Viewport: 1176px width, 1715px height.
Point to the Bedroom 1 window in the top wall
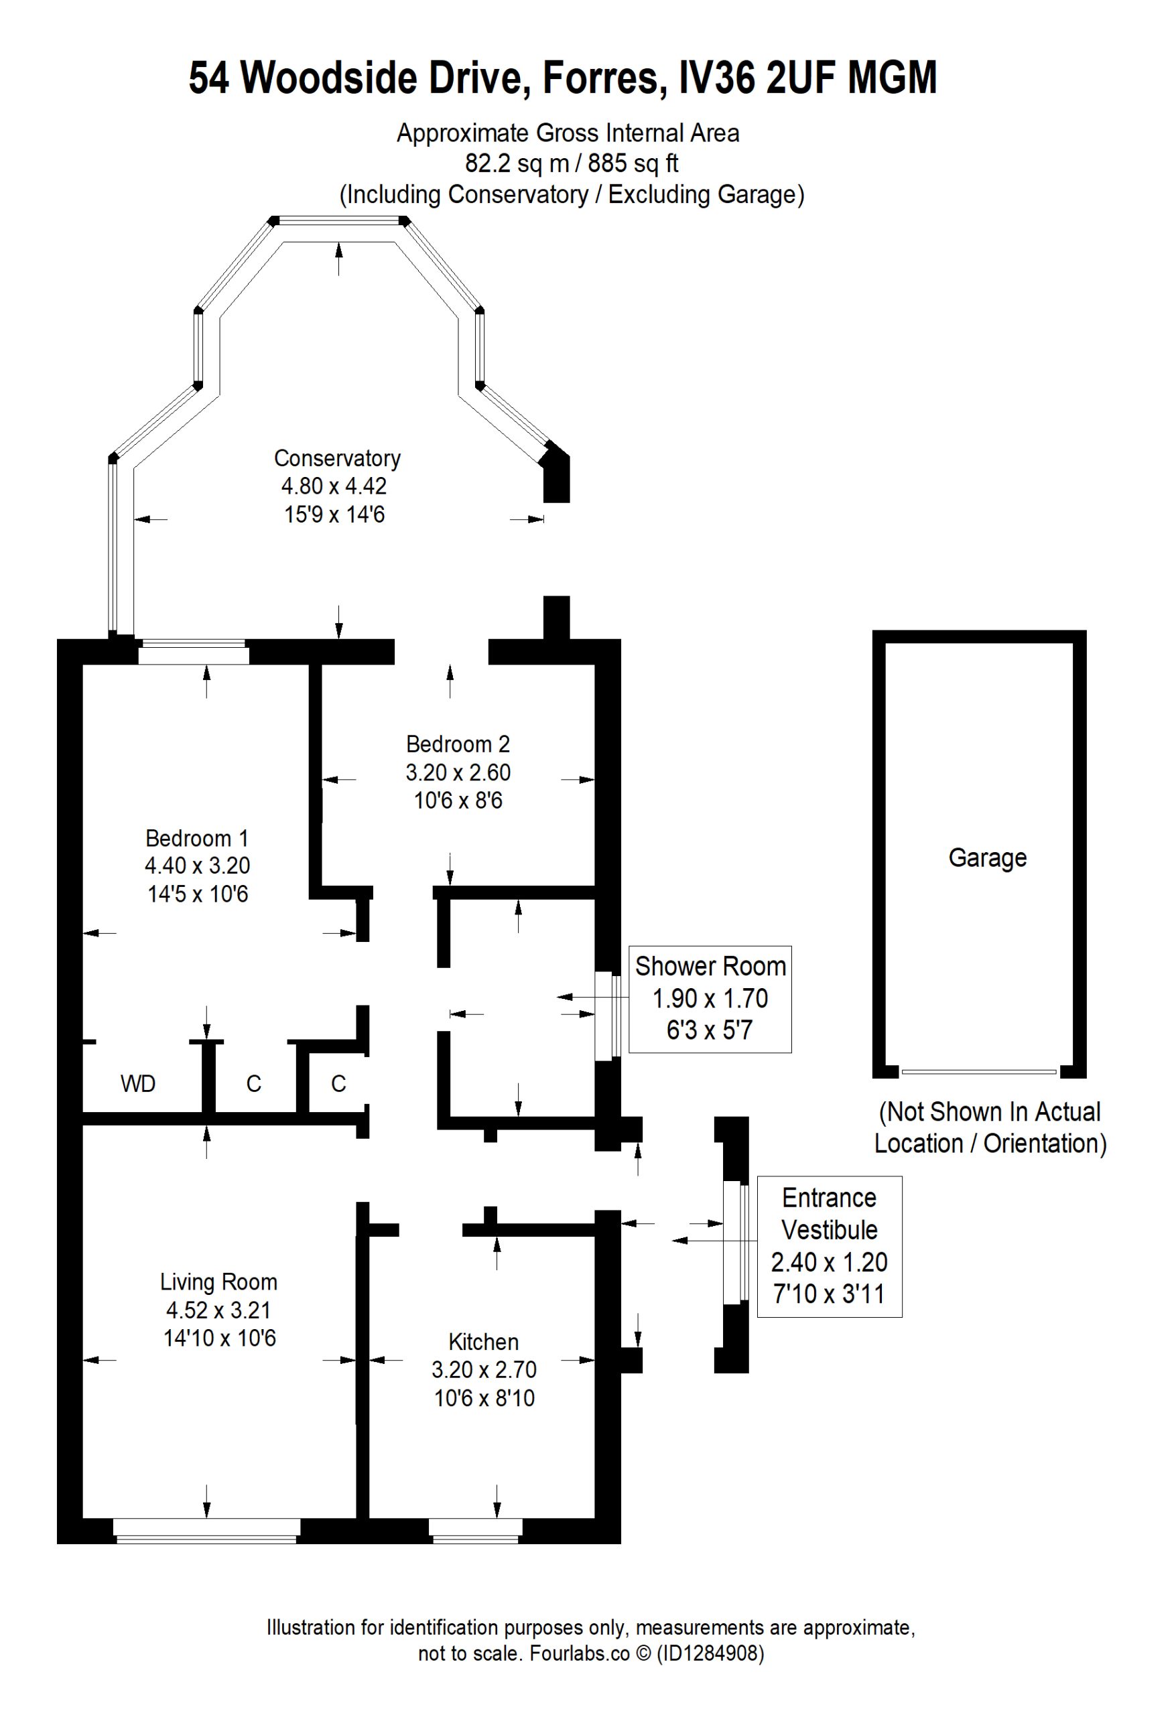tap(193, 652)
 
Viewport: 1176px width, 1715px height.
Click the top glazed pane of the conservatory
tap(339, 220)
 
